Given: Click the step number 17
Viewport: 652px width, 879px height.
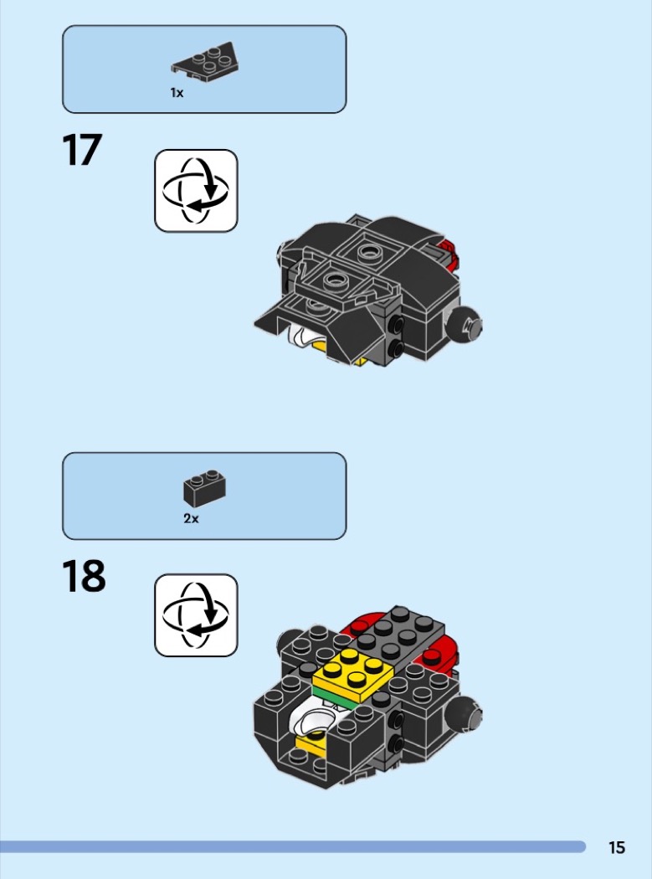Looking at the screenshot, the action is coord(82,150).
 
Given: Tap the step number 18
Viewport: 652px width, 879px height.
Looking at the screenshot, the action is coord(84,576).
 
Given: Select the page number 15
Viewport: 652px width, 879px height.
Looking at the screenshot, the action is coord(617,847).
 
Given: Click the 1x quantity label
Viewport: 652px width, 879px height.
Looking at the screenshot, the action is coord(177,93).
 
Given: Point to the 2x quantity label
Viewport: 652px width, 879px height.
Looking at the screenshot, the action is coord(191,518).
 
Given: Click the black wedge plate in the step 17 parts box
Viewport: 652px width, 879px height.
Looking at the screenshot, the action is coord(205,62).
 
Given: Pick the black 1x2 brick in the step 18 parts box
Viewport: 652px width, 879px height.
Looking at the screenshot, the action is coord(204,486).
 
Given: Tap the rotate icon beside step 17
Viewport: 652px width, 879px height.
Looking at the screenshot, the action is coord(196,191).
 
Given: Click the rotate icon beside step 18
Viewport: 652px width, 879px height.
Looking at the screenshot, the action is coord(196,615).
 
